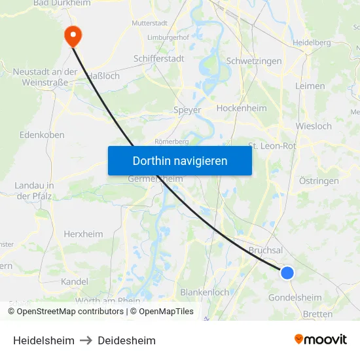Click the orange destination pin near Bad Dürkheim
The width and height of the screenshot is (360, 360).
click(72, 35)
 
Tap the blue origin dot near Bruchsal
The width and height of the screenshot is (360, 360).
click(287, 272)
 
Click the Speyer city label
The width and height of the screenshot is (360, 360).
click(187, 110)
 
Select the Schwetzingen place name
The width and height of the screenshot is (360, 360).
click(253, 61)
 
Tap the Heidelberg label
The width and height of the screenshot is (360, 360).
click(312, 43)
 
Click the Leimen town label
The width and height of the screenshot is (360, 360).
click(310, 86)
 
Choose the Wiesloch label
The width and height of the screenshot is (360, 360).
click(314, 126)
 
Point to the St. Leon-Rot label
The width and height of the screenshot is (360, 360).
click(272, 146)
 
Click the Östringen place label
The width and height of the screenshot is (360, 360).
click(319, 181)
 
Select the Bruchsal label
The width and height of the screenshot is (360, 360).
click(266, 250)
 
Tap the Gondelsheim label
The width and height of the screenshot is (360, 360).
click(295, 297)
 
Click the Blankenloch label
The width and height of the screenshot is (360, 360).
click(204, 292)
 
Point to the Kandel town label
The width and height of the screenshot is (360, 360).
click(74, 281)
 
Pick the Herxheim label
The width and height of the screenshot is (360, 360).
click(83, 234)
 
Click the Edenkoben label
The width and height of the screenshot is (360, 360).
click(42, 134)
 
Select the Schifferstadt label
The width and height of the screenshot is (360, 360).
click(159, 58)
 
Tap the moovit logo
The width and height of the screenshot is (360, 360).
click(321, 340)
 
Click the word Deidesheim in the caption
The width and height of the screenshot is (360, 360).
click(126, 340)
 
